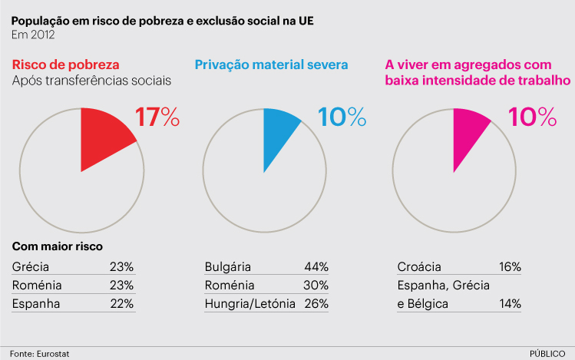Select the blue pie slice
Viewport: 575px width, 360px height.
tap(276, 134)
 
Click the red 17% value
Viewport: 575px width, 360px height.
tap(157, 117)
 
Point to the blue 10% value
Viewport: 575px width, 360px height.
tap(342, 117)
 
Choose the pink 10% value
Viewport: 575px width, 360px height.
tap(533, 117)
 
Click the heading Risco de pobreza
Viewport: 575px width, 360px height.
tap(66, 65)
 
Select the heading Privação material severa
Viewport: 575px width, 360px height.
tap(272, 65)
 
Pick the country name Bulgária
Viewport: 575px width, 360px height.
tap(228, 267)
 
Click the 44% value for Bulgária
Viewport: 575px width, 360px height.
tap(316, 267)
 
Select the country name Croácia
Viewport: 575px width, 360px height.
tap(419, 267)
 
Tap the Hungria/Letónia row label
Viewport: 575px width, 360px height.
tap(250, 304)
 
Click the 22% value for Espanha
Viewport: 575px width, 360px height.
tap(122, 304)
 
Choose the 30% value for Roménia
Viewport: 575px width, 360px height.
tap(316, 286)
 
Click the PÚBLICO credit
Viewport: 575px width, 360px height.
tap(547, 352)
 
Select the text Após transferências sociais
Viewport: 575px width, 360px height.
tap(91, 81)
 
